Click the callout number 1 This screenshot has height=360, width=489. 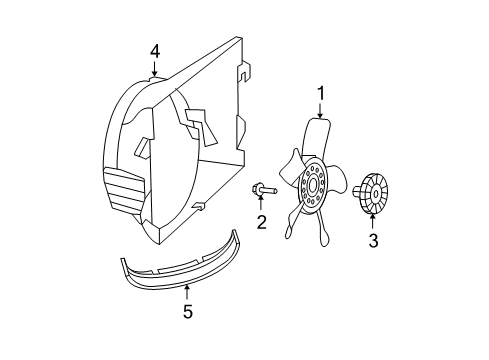[321, 93]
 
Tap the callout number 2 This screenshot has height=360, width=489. [261, 222]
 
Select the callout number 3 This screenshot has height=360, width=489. [372, 240]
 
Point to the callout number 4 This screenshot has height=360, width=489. [155, 49]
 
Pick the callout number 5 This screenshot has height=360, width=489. [187, 311]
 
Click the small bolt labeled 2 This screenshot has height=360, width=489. [259, 190]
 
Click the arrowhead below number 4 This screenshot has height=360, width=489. [155, 73]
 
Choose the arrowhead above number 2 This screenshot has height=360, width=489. [260, 200]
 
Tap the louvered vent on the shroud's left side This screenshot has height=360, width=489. [128, 190]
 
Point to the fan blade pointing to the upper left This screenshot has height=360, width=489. [291, 160]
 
